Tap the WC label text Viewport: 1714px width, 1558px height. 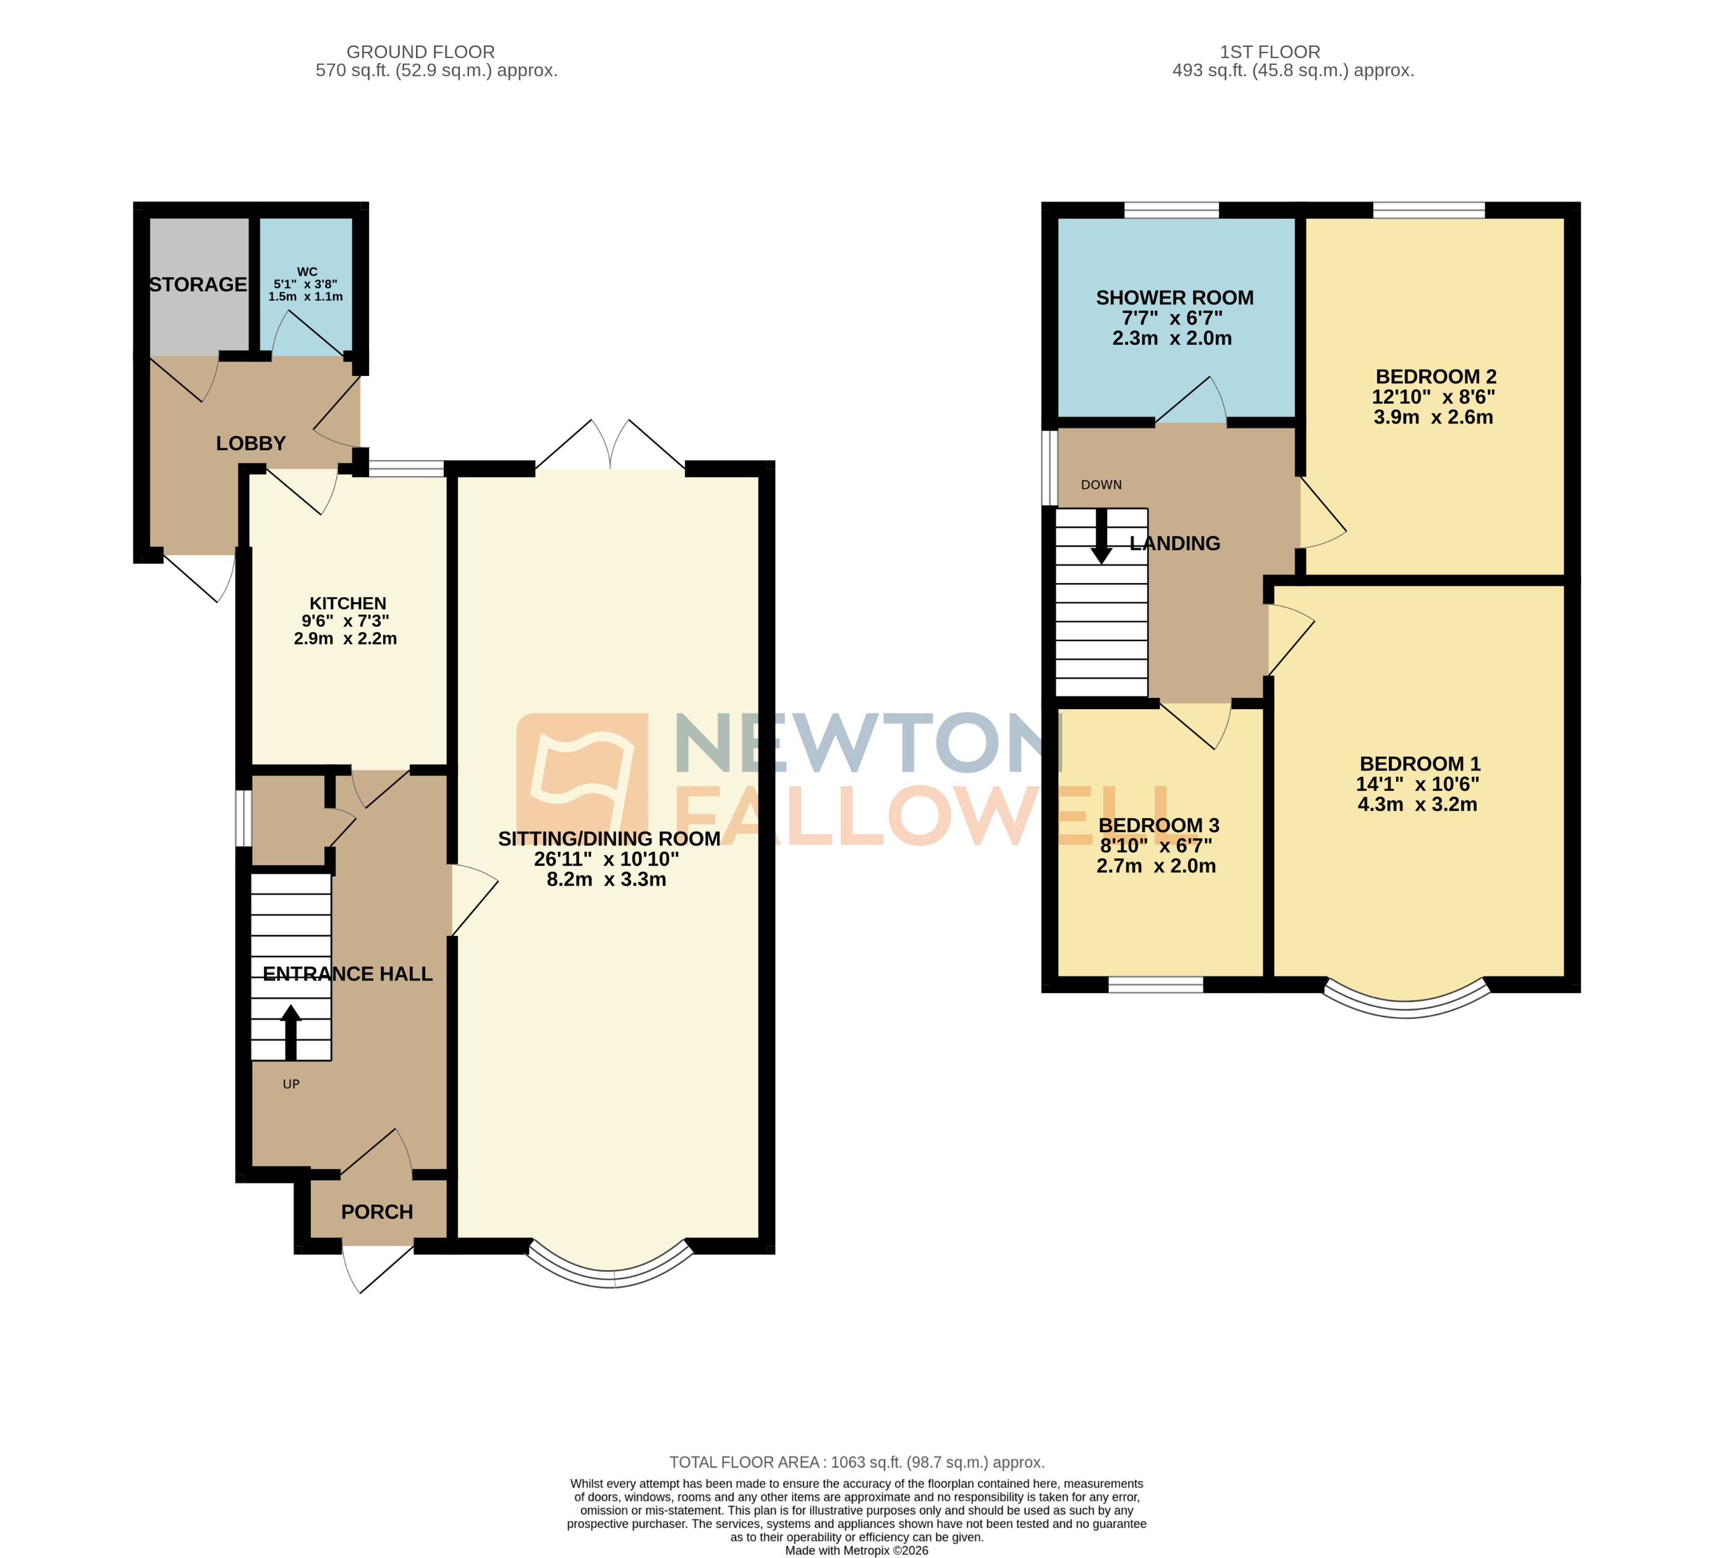[x=307, y=272]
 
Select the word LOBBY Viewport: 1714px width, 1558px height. [x=251, y=443]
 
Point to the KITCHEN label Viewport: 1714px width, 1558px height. [x=348, y=603]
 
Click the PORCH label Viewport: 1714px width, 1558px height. [x=376, y=1212]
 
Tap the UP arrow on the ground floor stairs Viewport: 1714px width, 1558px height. [x=291, y=1031]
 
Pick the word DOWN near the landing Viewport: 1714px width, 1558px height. [x=1101, y=485]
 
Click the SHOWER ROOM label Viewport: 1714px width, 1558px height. [x=1174, y=297]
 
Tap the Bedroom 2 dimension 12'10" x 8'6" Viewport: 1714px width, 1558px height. [x=1433, y=396]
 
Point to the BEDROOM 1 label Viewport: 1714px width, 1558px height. [x=1419, y=764]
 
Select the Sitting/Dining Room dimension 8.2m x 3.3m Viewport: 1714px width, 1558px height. [x=606, y=879]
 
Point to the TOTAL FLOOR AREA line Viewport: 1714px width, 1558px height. [x=856, y=1462]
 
